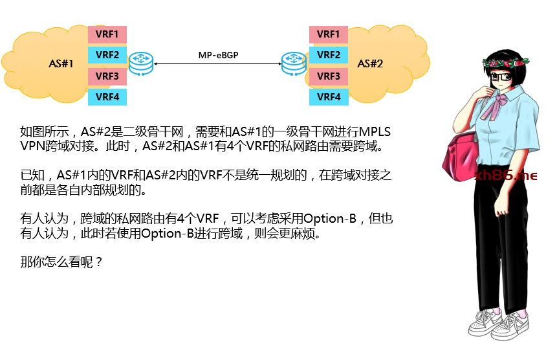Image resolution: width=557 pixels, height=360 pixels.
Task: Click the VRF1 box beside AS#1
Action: pos(107,34)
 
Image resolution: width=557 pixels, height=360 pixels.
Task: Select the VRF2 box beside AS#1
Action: pos(107,55)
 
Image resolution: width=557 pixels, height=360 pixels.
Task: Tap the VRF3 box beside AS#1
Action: pos(107,76)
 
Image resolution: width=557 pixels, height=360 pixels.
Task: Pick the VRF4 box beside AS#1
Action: pos(107,97)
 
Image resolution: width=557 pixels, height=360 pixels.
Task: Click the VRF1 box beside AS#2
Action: pos(329,34)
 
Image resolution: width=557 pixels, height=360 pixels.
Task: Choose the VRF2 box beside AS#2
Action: pos(329,55)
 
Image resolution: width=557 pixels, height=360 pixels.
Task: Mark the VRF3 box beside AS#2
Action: pos(329,76)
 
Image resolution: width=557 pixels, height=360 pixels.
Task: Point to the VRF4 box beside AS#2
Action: pos(329,97)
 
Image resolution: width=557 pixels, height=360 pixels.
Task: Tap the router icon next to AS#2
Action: pos(292,63)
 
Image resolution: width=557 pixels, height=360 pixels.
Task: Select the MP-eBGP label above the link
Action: pos(218,56)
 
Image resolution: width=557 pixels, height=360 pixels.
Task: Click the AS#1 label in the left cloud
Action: pos(61,63)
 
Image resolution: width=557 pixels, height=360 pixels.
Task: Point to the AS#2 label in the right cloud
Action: pos(370,63)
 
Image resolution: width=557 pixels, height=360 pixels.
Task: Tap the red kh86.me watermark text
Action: pos(507,175)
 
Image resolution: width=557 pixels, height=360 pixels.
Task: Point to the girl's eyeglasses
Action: pos(501,77)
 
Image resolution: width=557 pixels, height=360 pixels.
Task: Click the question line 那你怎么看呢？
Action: pos(61,263)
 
